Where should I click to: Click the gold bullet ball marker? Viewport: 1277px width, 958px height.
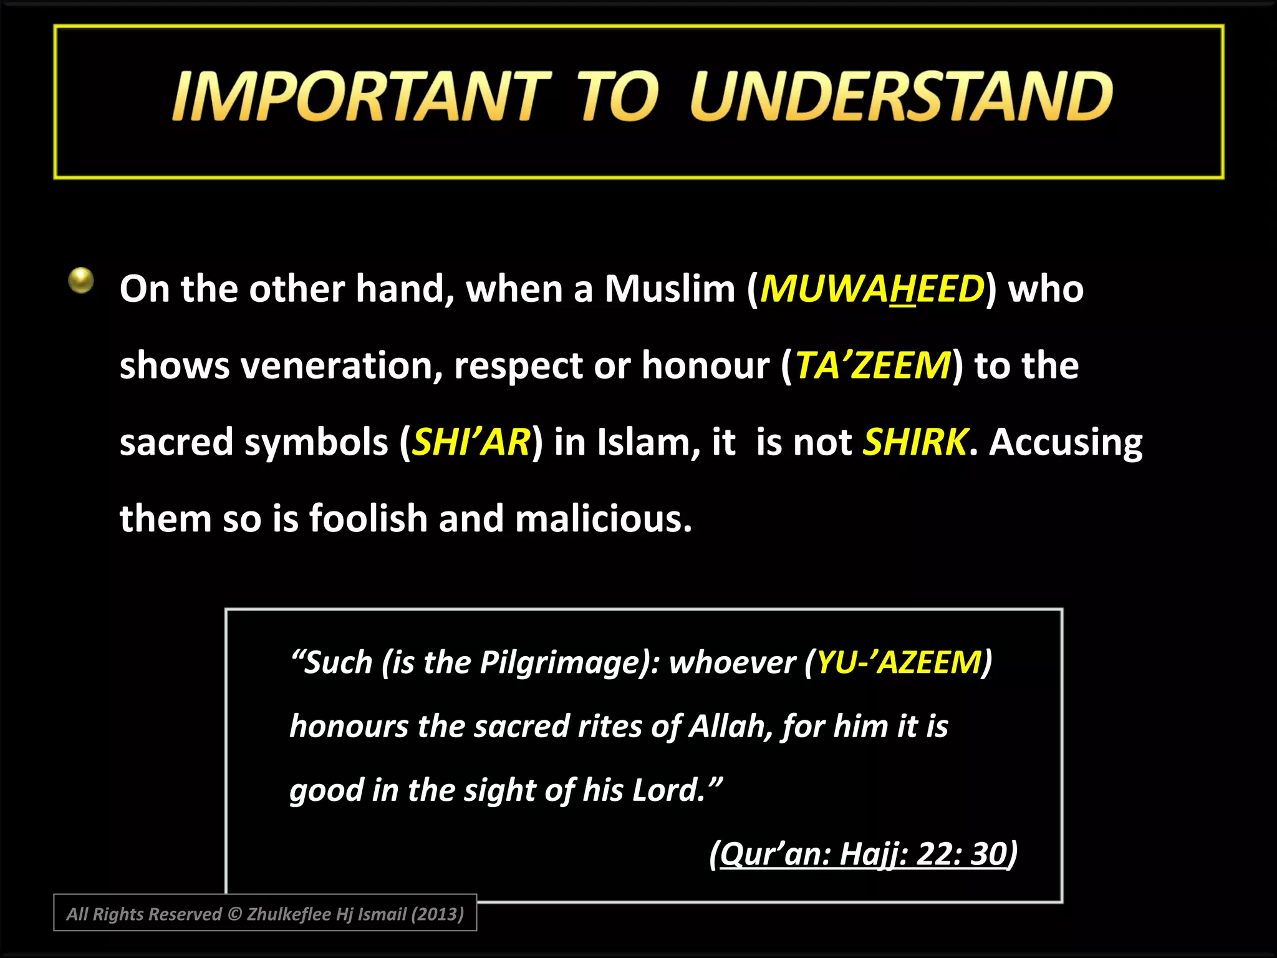[x=81, y=280]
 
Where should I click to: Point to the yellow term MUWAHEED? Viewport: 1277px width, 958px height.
[x=872, y=289]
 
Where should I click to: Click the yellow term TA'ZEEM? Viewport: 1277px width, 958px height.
[x=873, y=365]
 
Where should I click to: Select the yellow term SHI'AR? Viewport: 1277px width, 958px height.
[x=471, y=442]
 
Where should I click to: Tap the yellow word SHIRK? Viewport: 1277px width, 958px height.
[x=915, y=442]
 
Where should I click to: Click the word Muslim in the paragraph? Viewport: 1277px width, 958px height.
[x=670, y=289]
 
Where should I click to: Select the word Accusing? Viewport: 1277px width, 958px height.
[x=1066, y=442]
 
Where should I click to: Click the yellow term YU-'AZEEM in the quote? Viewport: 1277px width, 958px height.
[x=899, y=662]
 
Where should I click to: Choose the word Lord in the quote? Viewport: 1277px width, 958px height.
[x=667, y=790]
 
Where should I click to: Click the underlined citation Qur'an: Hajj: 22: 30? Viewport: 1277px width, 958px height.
[x=864, y=854]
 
